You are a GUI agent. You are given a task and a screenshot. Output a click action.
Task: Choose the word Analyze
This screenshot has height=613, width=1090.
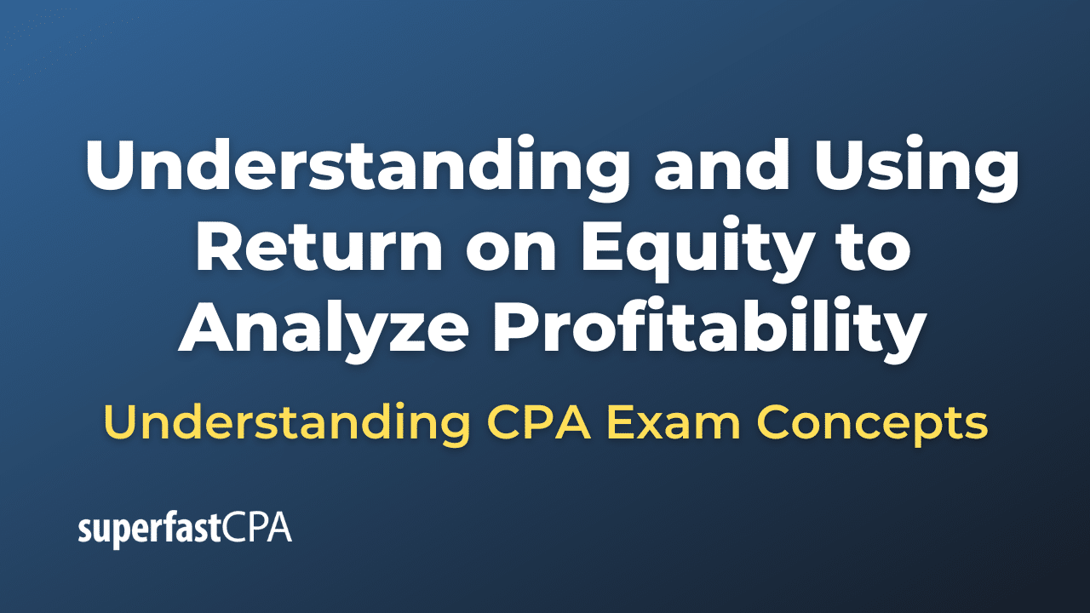(x=316, y=330)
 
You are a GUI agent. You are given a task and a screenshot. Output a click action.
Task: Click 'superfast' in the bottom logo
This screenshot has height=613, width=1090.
(x=150, y=530)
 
